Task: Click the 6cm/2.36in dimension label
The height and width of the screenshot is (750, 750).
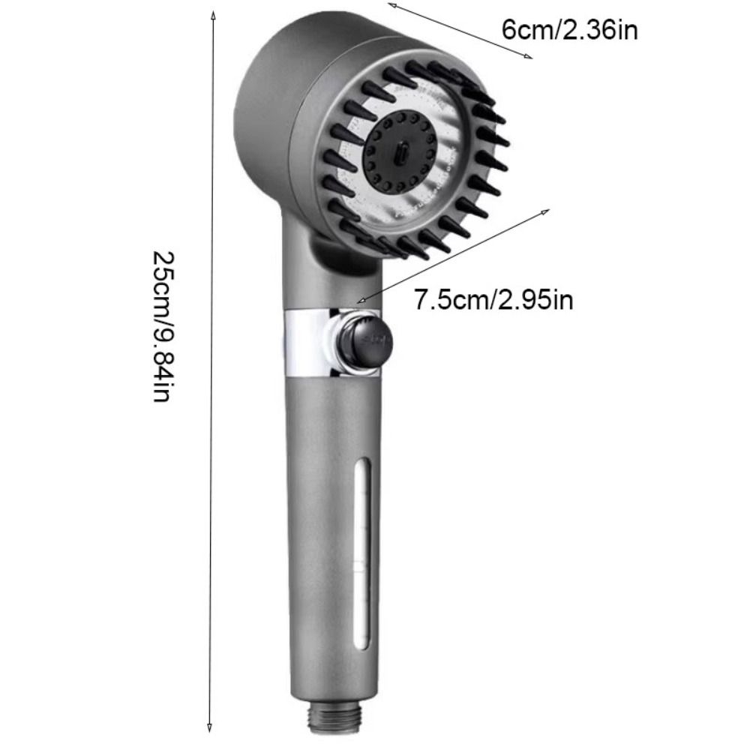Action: point(569,30)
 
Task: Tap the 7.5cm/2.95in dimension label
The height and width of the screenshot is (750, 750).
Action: point(494,300)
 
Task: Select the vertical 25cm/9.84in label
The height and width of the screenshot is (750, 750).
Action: point(164,326)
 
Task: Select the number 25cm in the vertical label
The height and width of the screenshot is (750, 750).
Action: point(164,277)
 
